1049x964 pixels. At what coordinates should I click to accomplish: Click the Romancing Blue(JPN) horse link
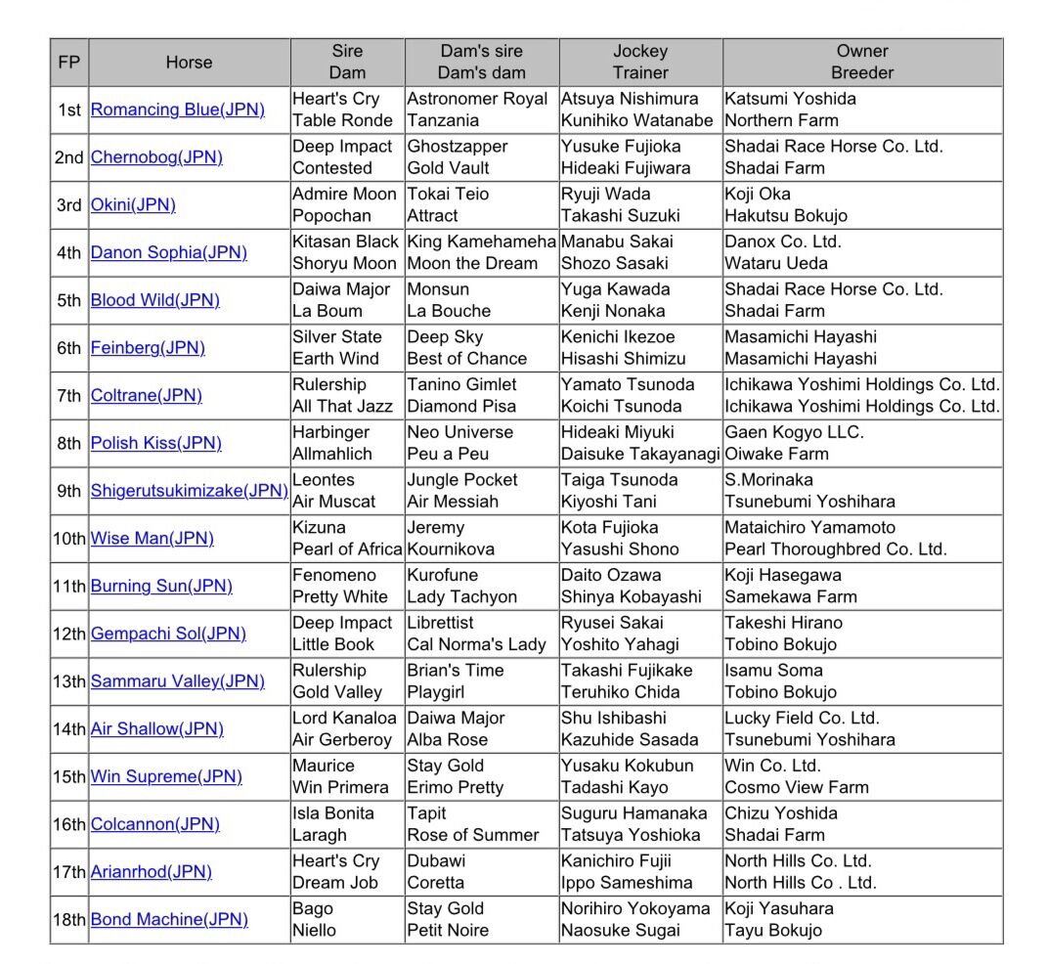tap(177, 110)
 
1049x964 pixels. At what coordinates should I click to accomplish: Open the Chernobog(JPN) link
tap(156, 157)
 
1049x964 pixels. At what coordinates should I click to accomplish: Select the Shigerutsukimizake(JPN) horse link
tap(189, 491)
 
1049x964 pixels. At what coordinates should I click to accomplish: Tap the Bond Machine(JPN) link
tap(169, 919)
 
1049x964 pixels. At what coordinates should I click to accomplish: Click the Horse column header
tap(189, 63)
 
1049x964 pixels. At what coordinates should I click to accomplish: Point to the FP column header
tap(69, 63)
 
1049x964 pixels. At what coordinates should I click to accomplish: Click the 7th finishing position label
tap(69, 396)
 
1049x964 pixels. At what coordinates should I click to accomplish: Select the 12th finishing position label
tap(69, 634)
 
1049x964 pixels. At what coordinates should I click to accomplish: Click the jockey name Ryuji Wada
tap(605, 194)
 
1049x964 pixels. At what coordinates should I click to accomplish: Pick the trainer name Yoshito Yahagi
tap(618, 644)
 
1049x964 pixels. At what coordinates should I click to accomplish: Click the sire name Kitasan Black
tap(345, 241)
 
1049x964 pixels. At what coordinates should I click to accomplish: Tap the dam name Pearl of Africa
tap(347, 548)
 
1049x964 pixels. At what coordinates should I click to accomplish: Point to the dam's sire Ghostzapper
tap(458, 147)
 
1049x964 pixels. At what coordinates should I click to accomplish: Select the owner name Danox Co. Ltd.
tap(782, 241)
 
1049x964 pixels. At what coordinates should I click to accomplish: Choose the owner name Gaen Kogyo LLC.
tap(794, 432)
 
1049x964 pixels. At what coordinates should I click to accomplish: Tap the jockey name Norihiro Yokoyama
tap(635, 908)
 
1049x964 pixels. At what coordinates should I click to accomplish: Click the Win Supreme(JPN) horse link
tap(166, 776)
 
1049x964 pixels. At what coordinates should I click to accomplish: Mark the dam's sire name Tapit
tap(426, 813)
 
